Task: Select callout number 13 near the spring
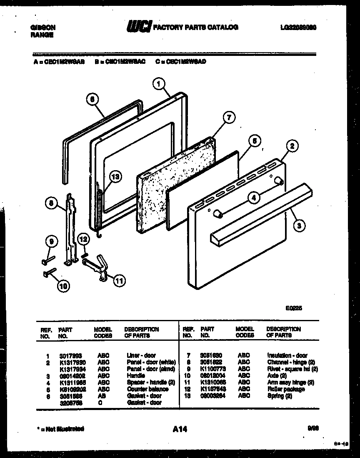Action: click(x=115, y=176)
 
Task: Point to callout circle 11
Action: click(x=119, y=281)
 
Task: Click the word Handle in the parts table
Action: click(x=135, y=375)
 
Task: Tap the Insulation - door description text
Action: click(x=287, y=355)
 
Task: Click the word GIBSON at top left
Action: click(x=43, y=28)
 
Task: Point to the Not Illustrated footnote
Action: click(x=58, y=428)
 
